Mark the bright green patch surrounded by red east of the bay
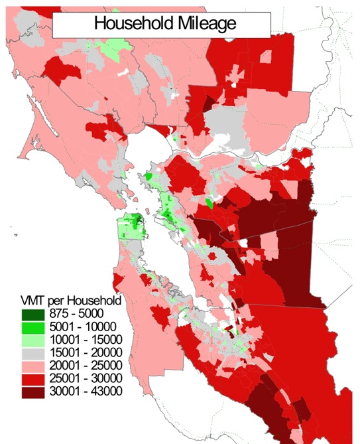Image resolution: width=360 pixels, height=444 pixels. (210, 203)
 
